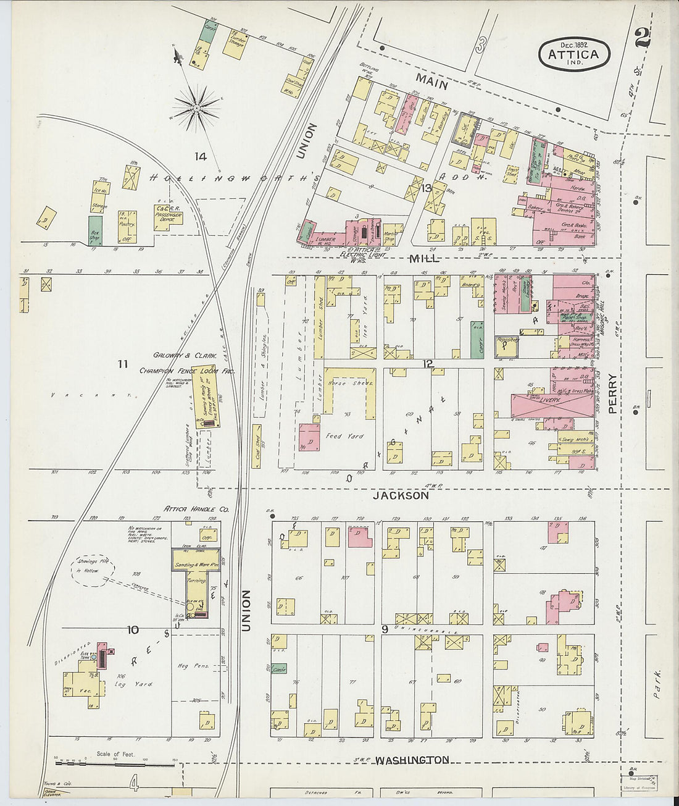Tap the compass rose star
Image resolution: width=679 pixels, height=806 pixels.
tap(197, 108)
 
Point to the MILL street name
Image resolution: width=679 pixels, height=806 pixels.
tap(425, 258)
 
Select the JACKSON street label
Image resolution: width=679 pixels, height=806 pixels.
tap(400, 495)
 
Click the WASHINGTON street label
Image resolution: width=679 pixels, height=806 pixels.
tap(412, 760)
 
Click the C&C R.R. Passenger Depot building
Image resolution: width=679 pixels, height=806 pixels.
tap(169, 214)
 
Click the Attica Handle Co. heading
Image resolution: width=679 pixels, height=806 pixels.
tap(196, 509)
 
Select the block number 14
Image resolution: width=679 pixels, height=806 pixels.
tap(199, 156)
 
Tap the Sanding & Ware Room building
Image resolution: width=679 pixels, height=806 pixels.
tap(197, 565)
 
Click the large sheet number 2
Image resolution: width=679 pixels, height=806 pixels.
tap(642, 38)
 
